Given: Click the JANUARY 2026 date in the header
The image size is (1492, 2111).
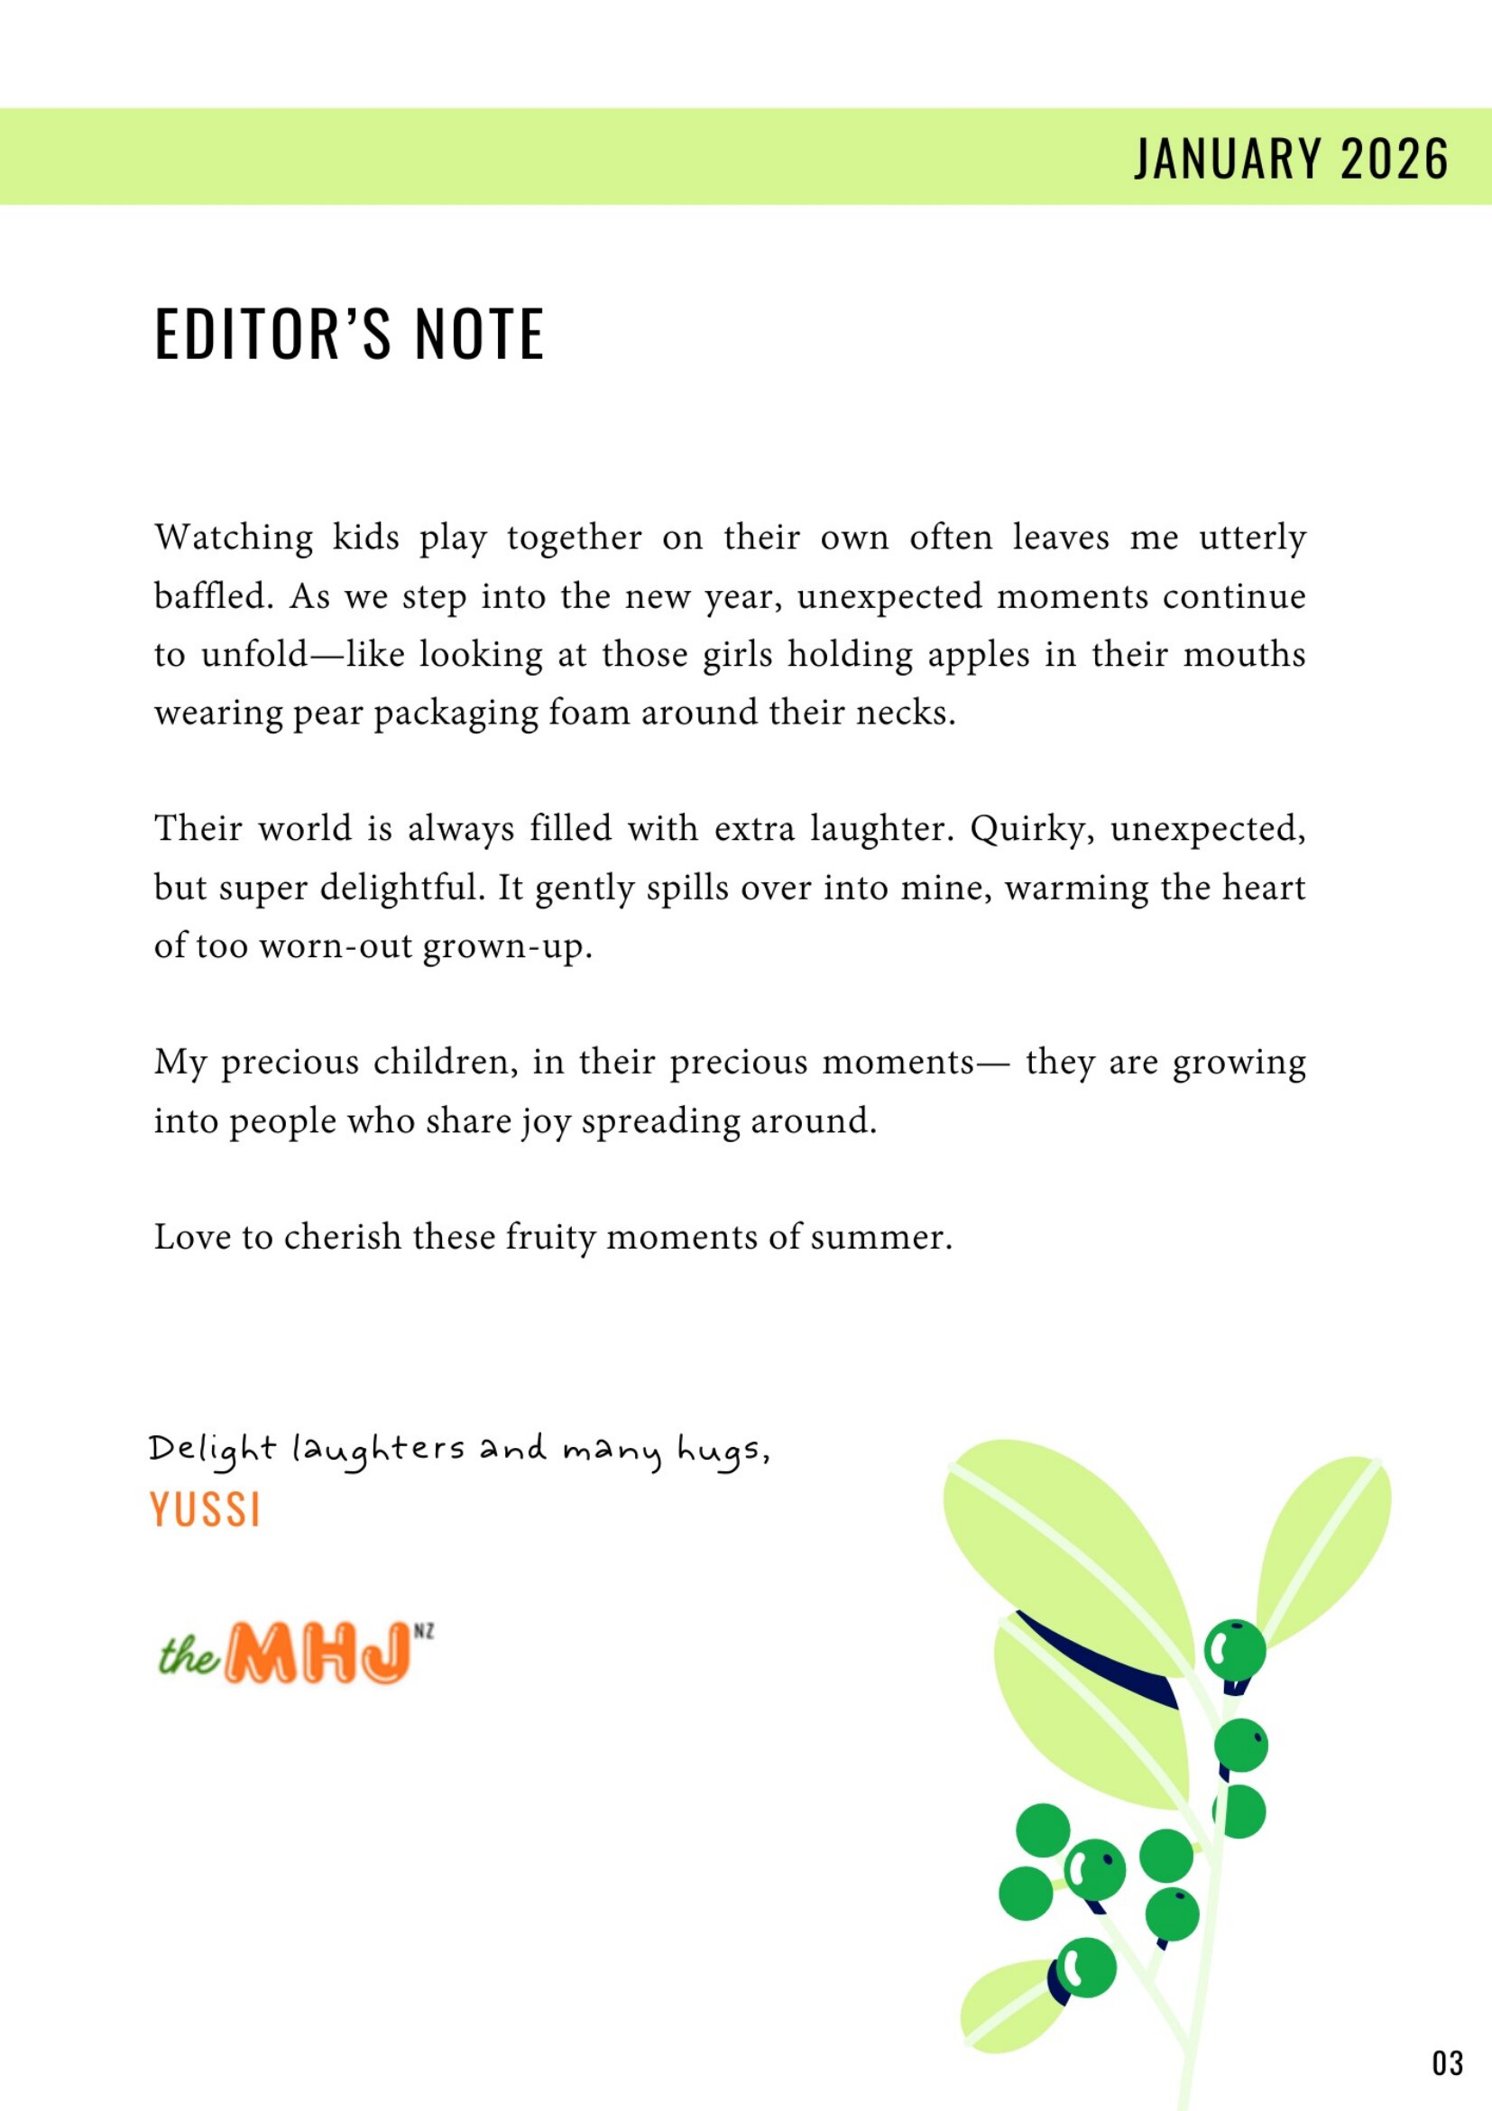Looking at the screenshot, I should [x=1291, y=158].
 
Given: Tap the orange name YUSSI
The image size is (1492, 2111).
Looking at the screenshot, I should [x=205, y=1509].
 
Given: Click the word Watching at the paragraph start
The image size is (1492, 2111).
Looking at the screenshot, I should [x=234, y=538].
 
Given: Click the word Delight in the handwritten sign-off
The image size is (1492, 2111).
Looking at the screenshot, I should [x=212, y=1451].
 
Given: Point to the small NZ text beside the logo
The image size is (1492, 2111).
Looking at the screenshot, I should [x=424, y=1632].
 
